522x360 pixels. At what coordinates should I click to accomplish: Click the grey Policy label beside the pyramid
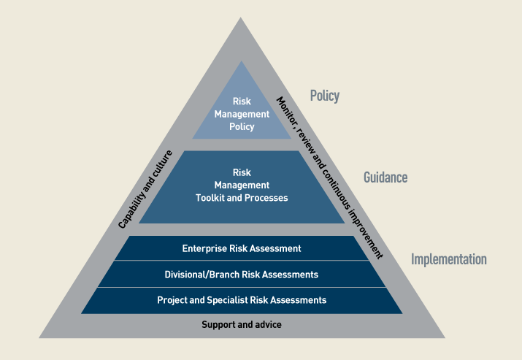pos(325,96)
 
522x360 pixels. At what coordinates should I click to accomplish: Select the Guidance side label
pos(385,177)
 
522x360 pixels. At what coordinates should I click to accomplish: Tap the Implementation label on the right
pos(449,259)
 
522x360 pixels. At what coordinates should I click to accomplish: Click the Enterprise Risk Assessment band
pos(242,248)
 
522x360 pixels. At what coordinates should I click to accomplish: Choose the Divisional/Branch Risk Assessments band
pos(242,274)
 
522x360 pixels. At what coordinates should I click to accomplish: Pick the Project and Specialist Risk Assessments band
pos(242,300)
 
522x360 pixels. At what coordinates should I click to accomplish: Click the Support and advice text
pos(242,325)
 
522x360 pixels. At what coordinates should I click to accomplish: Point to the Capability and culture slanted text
pos(145,189)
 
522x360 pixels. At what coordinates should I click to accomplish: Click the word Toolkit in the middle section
pos(210,198)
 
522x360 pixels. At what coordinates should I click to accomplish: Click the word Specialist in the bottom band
pos(228,300)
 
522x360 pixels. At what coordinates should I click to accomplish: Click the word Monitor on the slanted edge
pos(287,112)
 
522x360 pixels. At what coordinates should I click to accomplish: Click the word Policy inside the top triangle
pos(242,126)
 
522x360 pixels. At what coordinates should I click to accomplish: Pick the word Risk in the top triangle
pos(242,102)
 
